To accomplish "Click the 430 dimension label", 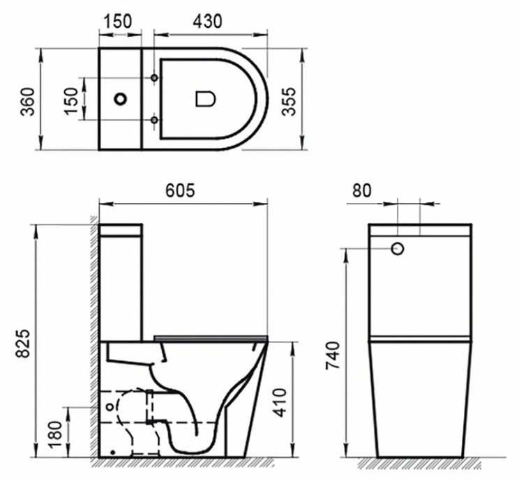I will tap(208, 21).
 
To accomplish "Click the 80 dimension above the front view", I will tap(363, 190).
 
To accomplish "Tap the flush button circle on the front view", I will tap(398, 248).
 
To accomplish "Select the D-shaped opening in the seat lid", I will tap(204, 99).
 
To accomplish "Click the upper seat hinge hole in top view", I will tap(153, 77).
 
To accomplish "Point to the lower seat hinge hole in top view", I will tap(153, 121).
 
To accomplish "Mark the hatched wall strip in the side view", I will tap(93, 335).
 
